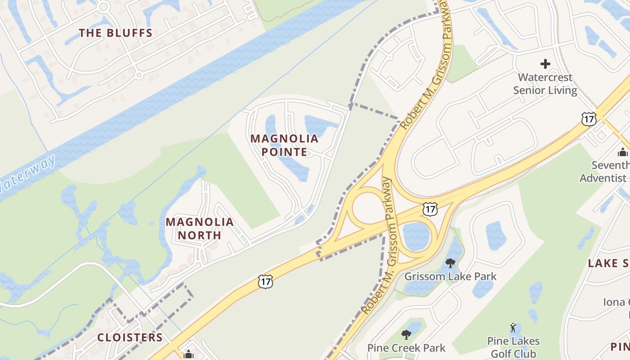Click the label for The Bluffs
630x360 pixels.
(116, 33)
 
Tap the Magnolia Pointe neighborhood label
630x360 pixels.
(284, 145)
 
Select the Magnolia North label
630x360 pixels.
(200, 228)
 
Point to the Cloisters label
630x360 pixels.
(130, 337)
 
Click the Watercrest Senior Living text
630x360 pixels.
(545, 84)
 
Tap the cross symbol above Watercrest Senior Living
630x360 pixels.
(545, 64)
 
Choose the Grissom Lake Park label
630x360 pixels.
(450, 276)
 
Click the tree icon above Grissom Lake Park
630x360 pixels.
(450, 263)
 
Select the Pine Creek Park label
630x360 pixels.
(406, 348)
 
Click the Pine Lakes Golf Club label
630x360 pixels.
(513, 347)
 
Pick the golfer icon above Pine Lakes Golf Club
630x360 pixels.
(513, 328)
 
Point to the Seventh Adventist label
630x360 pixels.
(604, 171)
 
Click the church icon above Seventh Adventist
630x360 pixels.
(623, 152)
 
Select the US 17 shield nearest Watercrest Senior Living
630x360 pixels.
(589, 119)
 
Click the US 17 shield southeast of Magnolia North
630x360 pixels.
(265, 282)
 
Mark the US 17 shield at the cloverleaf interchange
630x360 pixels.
(430, 208)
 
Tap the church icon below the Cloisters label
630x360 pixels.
(189, 355)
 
